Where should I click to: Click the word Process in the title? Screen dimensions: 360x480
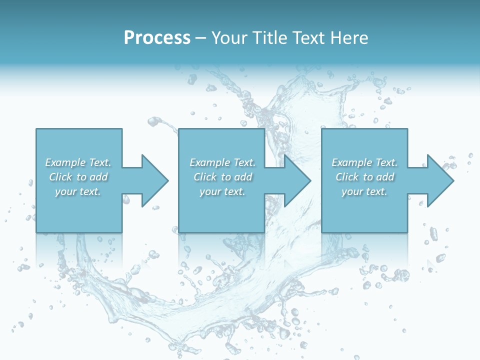click(x=157, y=37)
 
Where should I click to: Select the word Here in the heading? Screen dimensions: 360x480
click(x=350, y=37)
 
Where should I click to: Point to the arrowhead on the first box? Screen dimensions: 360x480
click(x=154, y=180)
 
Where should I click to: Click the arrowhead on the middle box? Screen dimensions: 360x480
click(x=297, y=180)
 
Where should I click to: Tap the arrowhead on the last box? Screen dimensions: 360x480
click(x=440, y=180)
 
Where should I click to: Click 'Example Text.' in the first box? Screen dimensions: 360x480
click(x=78, y=162)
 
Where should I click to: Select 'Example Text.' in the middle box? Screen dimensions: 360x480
click(x=222, y=162)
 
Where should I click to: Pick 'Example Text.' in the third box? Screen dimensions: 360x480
click(x=364, y=162)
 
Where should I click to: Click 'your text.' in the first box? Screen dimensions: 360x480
click(x=78, y=191)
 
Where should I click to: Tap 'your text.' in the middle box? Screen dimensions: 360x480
click(x=222, y=191)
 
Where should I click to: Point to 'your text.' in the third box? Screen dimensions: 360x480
click(x=364, y=191)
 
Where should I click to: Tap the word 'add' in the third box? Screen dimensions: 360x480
click(x=385, y=177)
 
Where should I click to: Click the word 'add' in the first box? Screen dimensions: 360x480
click(x=98, y=177)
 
